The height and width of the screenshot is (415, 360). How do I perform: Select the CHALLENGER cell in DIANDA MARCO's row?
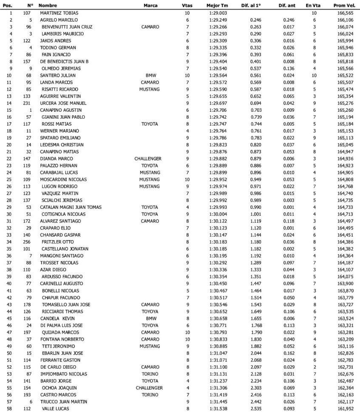(148, 159)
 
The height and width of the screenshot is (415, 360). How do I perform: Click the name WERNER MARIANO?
(59, 131)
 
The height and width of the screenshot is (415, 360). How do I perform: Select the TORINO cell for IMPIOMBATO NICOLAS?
(150, 373)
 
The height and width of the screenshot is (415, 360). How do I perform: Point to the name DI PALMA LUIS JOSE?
(61, 325)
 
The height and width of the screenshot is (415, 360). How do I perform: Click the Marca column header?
(150, 6)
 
